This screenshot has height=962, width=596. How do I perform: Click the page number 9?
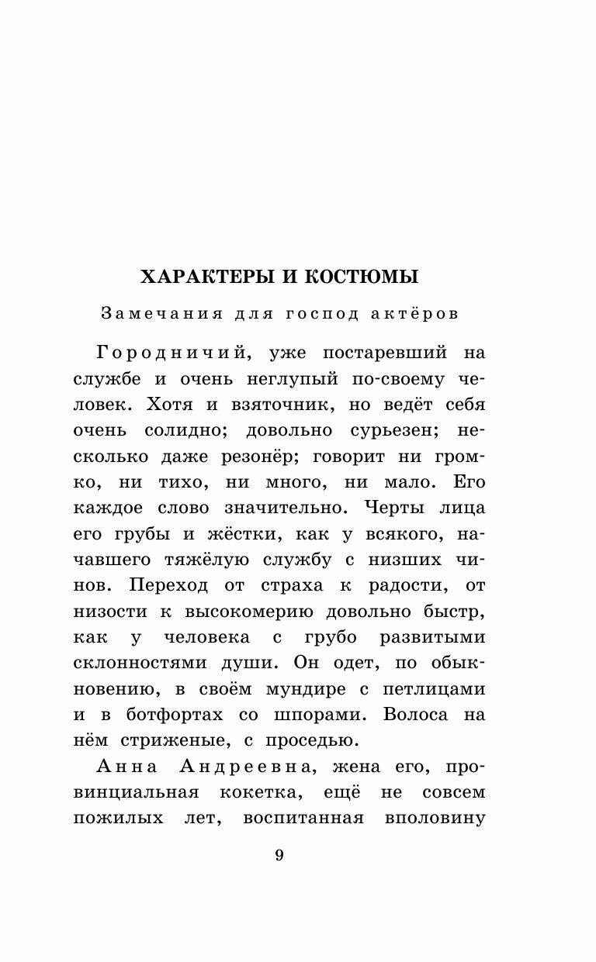[x=280, y=856]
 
